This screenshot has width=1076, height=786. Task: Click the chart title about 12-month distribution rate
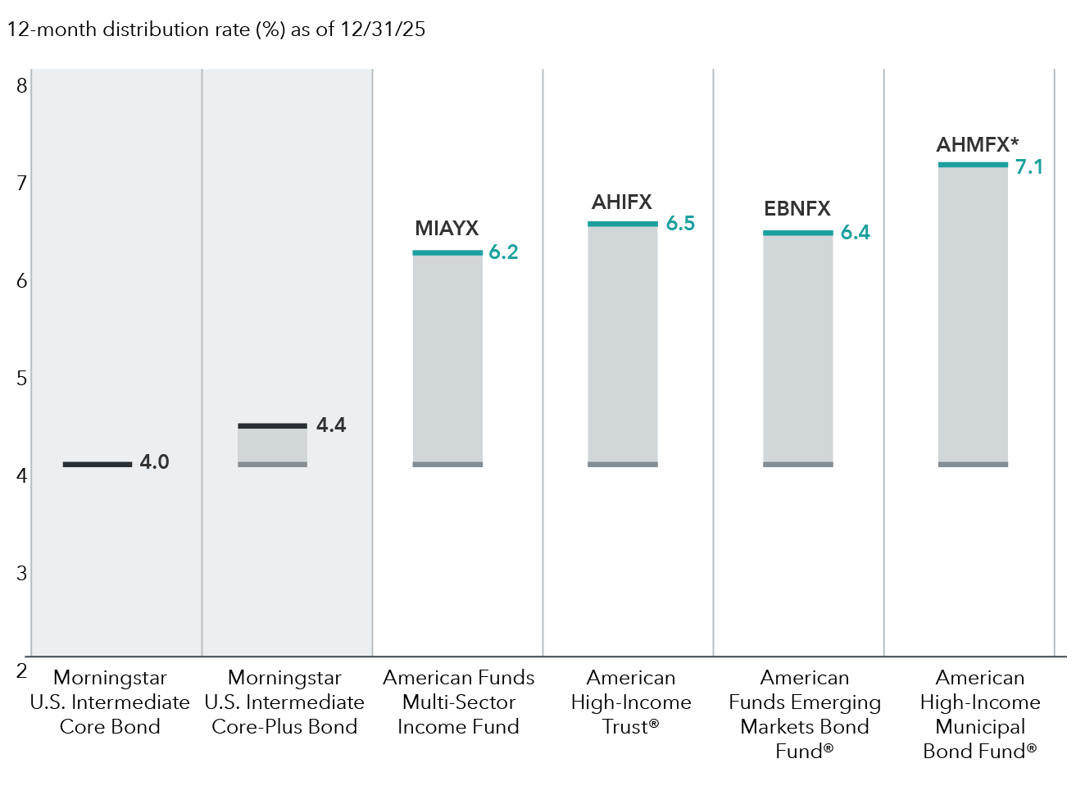(x=216, y=30)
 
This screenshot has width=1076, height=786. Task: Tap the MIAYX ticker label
(x=447, y=229)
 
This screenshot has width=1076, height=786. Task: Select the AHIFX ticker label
(x=622, y=202)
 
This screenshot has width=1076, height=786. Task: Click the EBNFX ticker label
(x=797, y=209)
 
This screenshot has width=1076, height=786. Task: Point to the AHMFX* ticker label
(x=977, y=145)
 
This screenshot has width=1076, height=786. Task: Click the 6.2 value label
(x=503, y=252)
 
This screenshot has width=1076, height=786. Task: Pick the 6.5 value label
(x=680, y=224)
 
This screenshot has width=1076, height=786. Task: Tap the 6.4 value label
(x=855, y=233)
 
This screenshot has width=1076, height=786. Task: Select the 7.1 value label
(x=1028, y=167)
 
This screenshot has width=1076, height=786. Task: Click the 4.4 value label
(x=331, y=425)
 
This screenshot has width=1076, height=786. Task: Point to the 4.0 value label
(x=154, y=462)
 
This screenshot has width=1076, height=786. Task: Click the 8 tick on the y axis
(x=22, y=86)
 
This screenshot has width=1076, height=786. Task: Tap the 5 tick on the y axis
(x=22, y=379)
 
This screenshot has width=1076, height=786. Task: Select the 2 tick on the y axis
(x=22, y=671)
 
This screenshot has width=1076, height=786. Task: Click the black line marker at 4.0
(x=98, y=465)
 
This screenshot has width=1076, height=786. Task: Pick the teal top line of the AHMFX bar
(x=973, y=165)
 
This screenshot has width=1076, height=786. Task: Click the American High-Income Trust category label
(x=630, y=702)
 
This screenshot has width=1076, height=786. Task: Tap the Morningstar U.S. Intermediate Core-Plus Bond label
(x=284, y=702)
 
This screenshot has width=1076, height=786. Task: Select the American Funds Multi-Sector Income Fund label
(x=458, y=702)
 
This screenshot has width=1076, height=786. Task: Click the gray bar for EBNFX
(x=797, y=348)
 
